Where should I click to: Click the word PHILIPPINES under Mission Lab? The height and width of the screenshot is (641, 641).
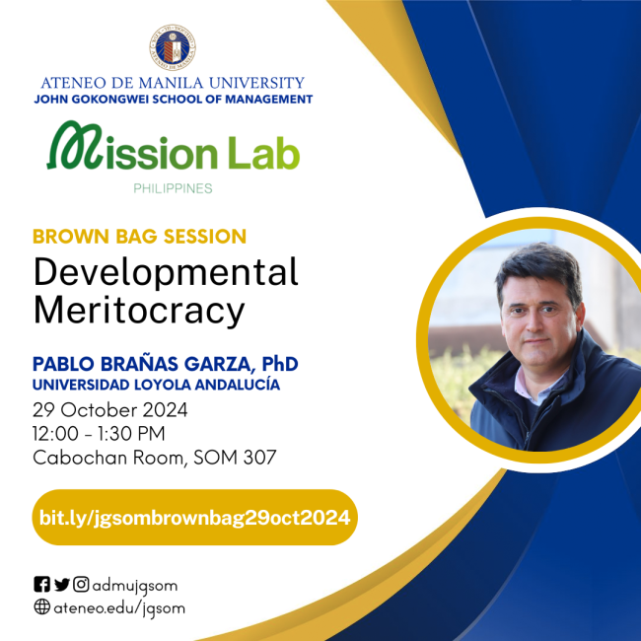(174, 187)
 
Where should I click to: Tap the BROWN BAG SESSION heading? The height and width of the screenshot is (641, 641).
(139, 237)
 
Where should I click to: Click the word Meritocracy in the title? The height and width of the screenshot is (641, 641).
(138, 310)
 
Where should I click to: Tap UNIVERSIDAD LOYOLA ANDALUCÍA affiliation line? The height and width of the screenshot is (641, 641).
(156, 385)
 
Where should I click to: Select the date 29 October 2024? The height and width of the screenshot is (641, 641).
(109, 409)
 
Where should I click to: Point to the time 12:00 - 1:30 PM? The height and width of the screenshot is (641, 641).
(99, 433)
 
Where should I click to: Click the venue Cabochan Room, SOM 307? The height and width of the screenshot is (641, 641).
(155, 457)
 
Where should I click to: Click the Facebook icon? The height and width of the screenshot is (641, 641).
(41, 584)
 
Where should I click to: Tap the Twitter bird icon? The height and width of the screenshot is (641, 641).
(61, 584)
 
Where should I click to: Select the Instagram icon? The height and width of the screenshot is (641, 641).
(81, 584)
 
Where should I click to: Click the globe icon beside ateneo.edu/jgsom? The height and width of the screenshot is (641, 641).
(41, 607)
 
